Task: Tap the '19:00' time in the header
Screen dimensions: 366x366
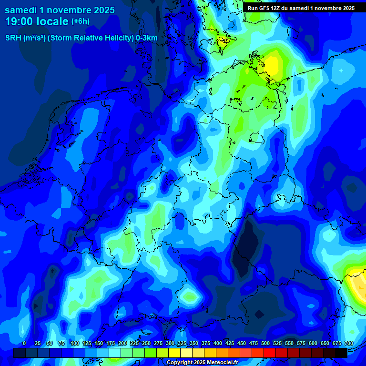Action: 20,21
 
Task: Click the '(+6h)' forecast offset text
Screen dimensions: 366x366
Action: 80,21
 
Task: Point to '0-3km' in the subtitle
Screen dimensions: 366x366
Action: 147,38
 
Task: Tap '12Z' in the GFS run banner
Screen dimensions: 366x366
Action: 276,8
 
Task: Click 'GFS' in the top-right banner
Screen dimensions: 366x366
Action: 264,8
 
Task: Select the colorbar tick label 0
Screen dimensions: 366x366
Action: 24,343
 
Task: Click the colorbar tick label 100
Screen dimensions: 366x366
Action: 75,343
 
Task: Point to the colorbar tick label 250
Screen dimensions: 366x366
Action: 146,343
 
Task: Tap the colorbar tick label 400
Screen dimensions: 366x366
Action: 218,343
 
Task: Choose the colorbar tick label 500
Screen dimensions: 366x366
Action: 265,343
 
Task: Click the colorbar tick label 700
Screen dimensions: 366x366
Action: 349,343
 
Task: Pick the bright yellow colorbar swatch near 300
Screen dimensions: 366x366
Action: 174,353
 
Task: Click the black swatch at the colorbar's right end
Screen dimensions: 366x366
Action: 341,353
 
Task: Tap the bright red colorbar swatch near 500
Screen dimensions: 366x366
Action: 270,353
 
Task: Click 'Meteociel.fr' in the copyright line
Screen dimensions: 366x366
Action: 221,363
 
